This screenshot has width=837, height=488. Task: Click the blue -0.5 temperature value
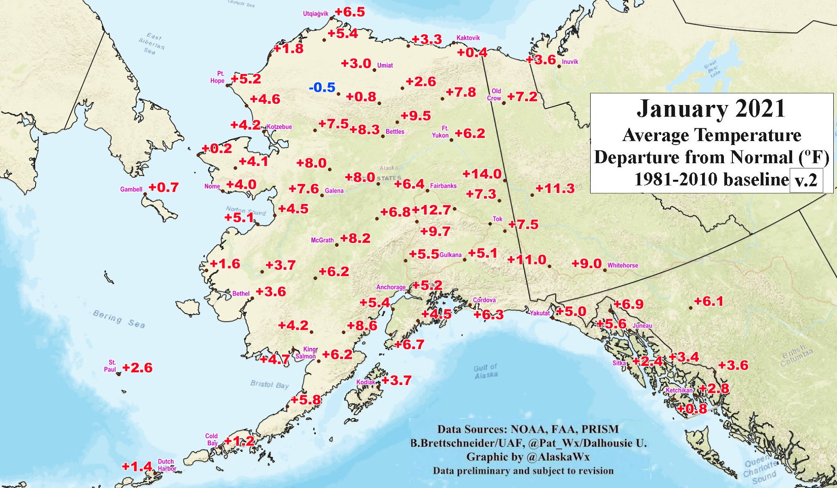coord(322,87)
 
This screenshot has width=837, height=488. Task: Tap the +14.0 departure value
coord(482,174)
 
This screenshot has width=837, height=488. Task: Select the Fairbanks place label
coord(443,186)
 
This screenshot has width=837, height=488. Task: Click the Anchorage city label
coord(391,287)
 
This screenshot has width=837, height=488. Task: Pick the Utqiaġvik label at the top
coord(315,14)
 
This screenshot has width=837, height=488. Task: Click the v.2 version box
coord(806,180)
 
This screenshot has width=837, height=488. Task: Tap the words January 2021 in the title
coord(711,109)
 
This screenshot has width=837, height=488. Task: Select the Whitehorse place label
coord(622,265)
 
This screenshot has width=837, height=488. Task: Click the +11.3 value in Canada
coord(555,188)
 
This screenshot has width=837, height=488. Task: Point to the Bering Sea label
coord(119,319)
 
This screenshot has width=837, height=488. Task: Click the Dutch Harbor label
coord(166,465)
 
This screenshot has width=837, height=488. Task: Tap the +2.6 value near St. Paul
coord(137,368)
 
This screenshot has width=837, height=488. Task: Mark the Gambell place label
coord(131,189)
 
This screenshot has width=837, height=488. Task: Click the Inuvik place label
coord(570,62)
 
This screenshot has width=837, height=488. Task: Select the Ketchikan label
coord(679,390)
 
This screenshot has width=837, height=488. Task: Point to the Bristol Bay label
coord(269,385)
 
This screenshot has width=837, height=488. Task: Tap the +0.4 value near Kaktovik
coord(472,52)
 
